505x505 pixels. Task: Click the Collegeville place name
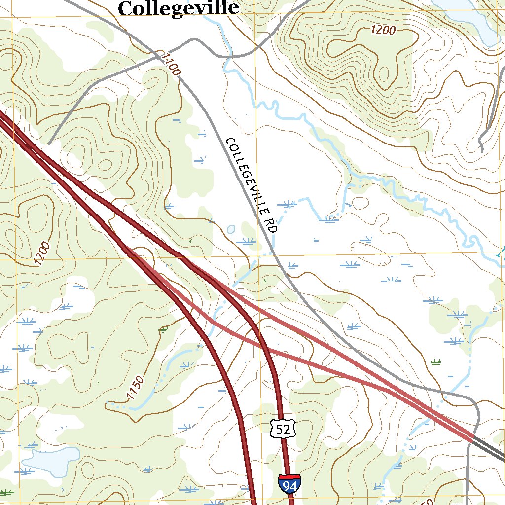179,8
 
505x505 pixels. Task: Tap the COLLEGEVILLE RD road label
252,185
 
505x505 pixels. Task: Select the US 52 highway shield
283,429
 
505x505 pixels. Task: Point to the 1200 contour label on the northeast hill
383,30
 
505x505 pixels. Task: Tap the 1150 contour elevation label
135,388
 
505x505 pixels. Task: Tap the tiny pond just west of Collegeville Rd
231,229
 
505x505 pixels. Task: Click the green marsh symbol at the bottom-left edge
6,492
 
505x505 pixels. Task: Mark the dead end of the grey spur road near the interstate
50,144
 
